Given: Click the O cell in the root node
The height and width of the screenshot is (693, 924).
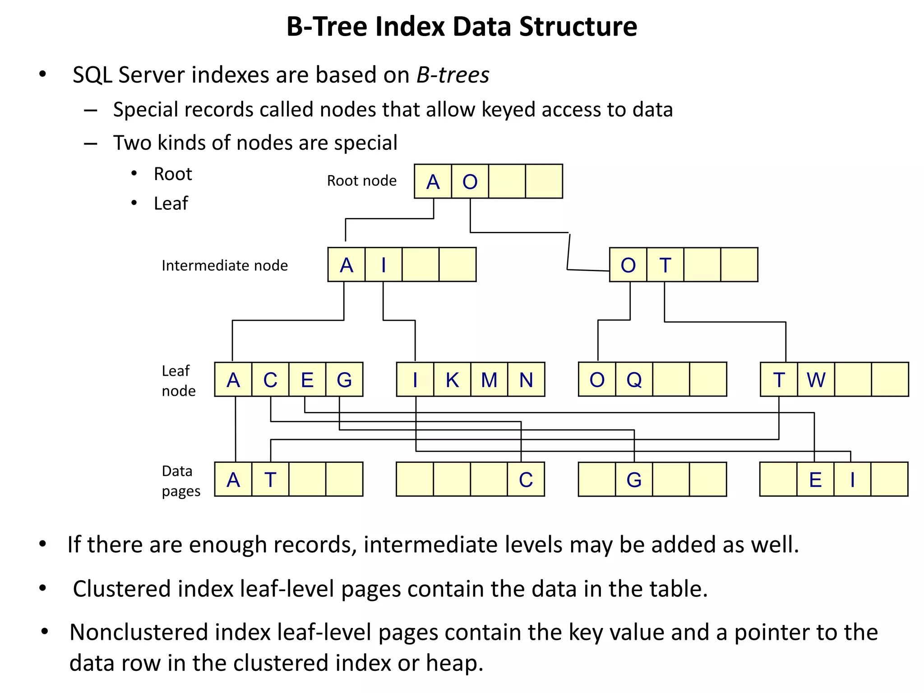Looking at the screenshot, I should pos(470,181).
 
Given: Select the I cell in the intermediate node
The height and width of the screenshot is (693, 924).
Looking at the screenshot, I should pos(383,265).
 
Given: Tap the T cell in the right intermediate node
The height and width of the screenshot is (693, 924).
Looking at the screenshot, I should pos(665,265).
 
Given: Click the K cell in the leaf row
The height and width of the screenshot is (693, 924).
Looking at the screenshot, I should pos(452,380).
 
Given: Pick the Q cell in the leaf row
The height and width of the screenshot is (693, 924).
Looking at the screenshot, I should pos(634,379).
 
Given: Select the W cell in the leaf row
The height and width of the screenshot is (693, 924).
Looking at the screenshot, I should pos(816,379).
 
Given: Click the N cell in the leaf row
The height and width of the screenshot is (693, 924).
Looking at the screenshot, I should pos(526,380).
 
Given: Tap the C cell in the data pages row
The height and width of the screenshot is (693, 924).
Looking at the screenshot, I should pos(526,480).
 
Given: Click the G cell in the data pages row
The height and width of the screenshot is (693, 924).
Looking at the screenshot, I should pos(634,480).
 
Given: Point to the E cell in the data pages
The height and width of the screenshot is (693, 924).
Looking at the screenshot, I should pos(815,480).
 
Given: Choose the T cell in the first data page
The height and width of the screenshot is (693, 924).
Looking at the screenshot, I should pos(270,480).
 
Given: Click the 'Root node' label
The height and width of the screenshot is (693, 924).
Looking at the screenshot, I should pos(361,180).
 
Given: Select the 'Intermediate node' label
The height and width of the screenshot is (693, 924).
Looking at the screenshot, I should pos(224,265).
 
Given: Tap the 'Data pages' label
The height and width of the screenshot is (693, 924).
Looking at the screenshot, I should pos(180,481).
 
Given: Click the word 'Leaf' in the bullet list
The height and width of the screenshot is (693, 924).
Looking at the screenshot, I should pos(171,203).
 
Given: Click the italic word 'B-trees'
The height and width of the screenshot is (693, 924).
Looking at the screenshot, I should pos(453,75).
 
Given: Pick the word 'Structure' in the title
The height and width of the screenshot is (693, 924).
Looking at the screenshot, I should pos(578,27).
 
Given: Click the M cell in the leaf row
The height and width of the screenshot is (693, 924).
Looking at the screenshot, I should pos(489,380).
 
